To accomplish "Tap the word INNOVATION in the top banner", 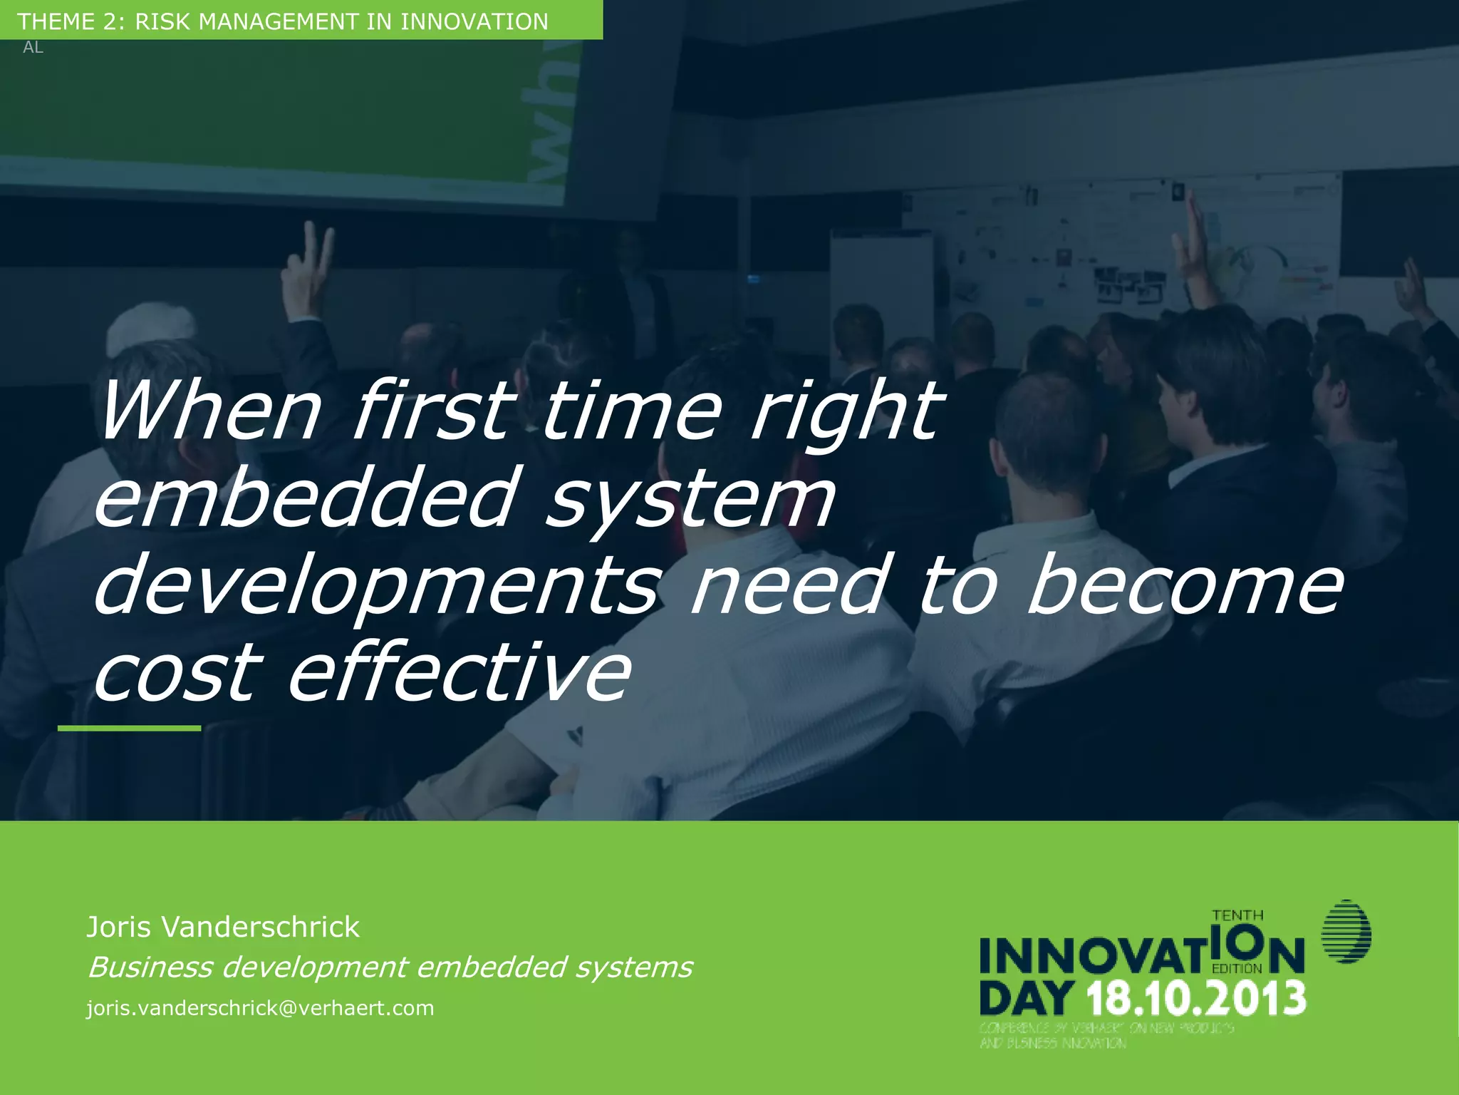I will (x=474, y=21).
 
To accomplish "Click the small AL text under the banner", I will (x=33, y=48).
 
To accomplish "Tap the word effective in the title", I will (x=459, y=672).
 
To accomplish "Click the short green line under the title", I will (x=129, y=728).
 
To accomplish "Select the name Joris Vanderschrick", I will (x=223, y=927).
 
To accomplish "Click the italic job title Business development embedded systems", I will (x=389, y=967).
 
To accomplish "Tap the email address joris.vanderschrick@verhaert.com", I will (x=260, y=1008).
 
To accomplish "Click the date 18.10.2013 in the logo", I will (x=1197, y=998).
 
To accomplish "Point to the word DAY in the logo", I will (x=1027, y=998).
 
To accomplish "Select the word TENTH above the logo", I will (x=1238, y=915).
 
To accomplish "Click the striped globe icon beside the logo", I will (x=1346, y=932).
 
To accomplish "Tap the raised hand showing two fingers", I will (x=308, y=271).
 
